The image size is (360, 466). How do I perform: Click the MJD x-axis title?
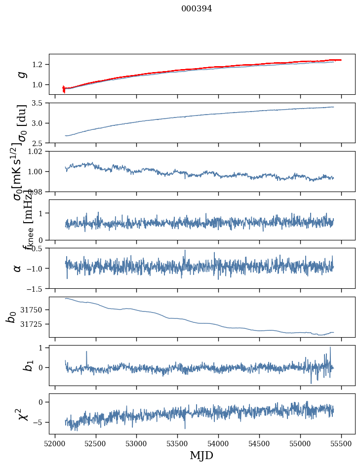(x=201, y=455)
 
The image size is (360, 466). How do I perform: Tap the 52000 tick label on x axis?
(x=55, y=443)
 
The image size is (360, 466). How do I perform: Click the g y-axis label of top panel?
(x=21, y=74)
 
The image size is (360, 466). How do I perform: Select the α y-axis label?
(x=18, y=268)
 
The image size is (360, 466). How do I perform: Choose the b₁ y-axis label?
(x=15, y=365)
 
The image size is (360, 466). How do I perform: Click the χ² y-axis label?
(x=18, y=414)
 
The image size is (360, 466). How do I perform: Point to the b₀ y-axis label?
(x=11, y=317)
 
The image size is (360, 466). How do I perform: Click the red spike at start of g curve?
(x=64, y=89)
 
